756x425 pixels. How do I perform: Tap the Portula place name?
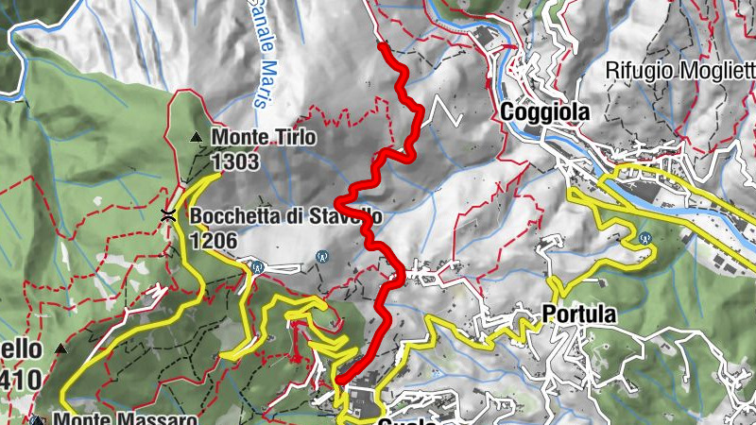click(x=579, y=314)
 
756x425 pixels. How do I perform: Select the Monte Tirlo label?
click(x=264, y=139)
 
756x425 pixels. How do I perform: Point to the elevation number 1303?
click(x=235, y=162)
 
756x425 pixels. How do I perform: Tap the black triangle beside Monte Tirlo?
click(x=197, y=138)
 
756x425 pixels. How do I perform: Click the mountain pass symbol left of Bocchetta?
click(x=168, y=215)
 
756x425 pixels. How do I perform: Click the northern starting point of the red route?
click(x=381, y=43)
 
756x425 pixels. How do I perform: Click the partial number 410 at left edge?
click(x=22, y=378)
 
